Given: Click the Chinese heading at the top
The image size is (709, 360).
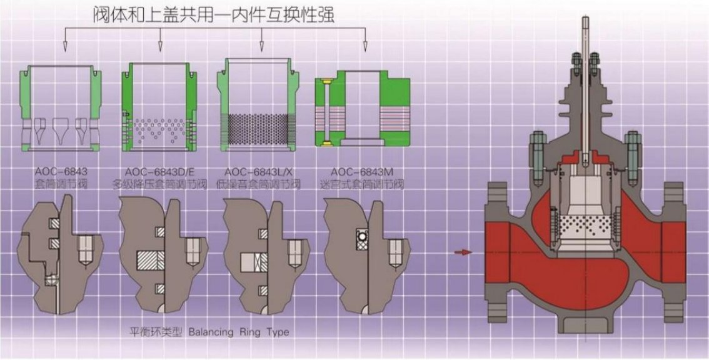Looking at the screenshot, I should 215,13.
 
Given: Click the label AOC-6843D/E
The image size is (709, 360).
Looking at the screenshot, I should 160,171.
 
